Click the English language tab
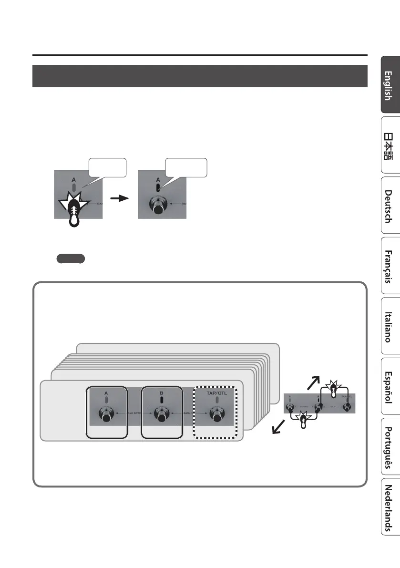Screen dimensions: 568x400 click(x=390, y=85)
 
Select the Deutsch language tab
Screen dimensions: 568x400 click(x=390, y=207)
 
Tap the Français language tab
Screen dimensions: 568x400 click(x=390, y=266)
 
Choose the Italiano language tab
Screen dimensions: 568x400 click(x=390, y=327)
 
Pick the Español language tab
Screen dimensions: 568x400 click(x=390, y=386)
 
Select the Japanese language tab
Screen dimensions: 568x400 click(x=390, y=146)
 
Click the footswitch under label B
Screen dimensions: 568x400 click(x=162, y=415)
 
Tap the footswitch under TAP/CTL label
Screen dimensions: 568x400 click(x=217, y=415)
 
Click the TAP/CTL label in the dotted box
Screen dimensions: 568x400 click(x=217, y=393)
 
